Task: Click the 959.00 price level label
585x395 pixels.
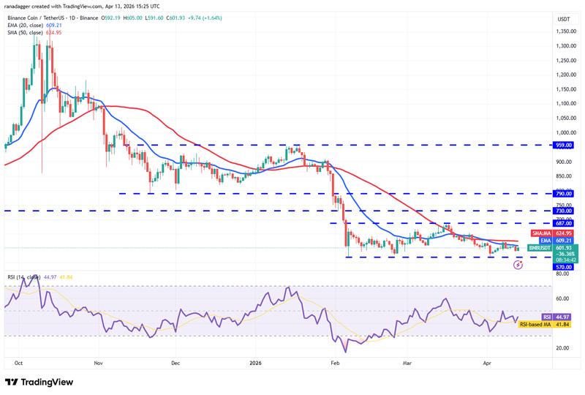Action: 564,145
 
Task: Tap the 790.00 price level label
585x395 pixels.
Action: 564,194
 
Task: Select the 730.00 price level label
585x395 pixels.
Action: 564,211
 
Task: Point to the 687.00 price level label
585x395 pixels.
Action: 564,223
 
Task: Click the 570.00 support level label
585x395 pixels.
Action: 564,267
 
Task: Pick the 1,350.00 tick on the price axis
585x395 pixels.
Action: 564,31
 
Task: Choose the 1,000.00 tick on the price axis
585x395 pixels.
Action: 564,132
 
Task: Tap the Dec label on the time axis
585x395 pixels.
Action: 175,362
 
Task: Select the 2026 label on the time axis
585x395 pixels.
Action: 255,362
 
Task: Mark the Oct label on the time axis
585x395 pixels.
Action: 18,362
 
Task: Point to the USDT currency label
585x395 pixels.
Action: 564,18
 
